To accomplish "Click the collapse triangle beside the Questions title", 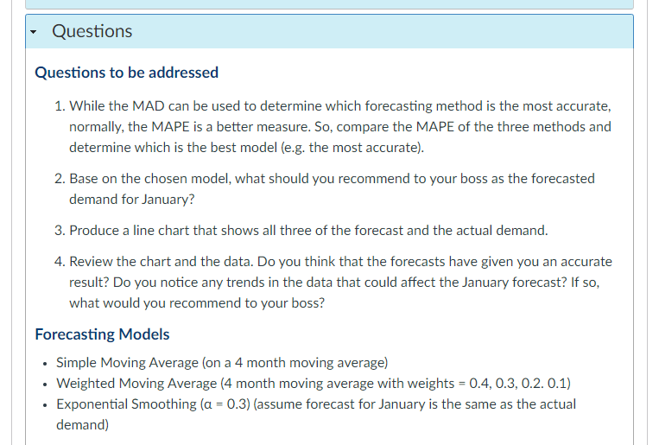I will (35, 32).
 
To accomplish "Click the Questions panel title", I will (92, 31).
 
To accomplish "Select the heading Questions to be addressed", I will (126, 73).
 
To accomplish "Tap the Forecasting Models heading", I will (102, 334).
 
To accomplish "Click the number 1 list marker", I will (58, 106).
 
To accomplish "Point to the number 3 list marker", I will (58, 231).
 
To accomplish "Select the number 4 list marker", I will (58, 261).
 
